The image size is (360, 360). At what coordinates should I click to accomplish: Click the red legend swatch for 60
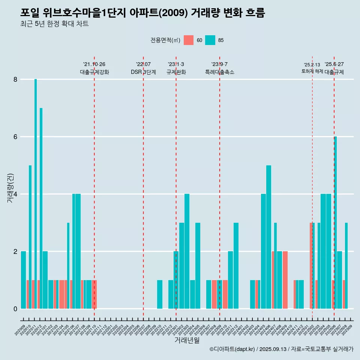click(x=189, y=40)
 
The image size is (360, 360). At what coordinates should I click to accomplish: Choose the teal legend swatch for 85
click(x=210, y=40)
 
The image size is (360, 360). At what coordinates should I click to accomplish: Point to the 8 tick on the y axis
click(x=15, y=79)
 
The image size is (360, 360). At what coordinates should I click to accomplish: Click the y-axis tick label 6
click(x=15, y=137)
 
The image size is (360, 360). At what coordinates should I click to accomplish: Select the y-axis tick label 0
click(x=15, y=309)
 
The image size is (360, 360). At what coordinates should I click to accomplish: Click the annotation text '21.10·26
click(x=94, y=64)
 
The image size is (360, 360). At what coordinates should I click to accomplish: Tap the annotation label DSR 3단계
click(x=143, y=72)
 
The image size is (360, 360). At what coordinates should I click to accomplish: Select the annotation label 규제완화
click(x=176, y=72)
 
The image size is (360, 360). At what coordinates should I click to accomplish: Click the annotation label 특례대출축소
click(x=219, y=72)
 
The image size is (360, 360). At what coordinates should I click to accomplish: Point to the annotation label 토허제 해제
click(x=312, y=71)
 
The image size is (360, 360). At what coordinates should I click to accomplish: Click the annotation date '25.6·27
click(x=334, y=64)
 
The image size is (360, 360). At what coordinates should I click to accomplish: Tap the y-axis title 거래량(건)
click(x=10, y=188)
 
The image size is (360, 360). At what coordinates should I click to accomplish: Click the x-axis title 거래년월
click(x=187, y=340)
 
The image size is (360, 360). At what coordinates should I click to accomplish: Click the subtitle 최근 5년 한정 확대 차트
click(x=55, y=24)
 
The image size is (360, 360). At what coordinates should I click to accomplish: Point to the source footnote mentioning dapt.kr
click(x=281, y=349)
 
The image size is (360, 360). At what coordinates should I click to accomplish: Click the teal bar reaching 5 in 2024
click(x=268, y=236)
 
